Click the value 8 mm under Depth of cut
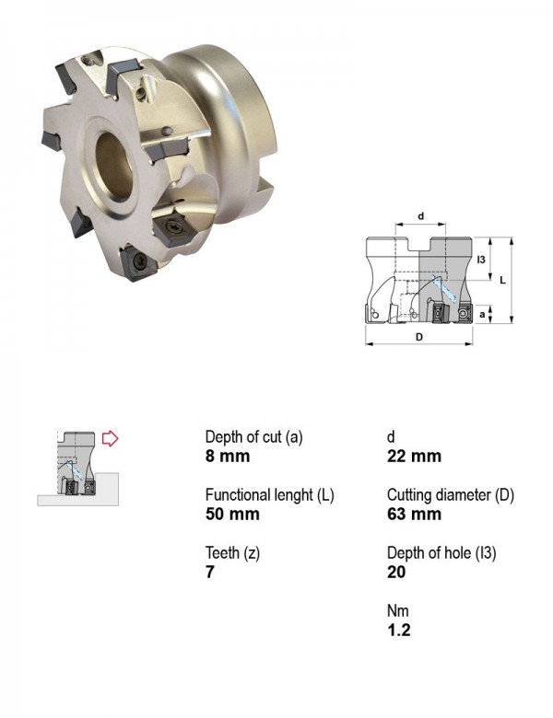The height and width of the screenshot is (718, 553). [x=228, y=456]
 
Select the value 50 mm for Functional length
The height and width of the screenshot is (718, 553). [x=232, y=514]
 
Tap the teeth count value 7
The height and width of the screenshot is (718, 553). [x=210, y=572]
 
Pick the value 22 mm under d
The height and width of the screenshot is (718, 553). [x=414, y=456]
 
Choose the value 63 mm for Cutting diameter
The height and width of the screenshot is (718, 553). [x=414, y=514]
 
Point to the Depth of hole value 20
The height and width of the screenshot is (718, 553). [x=396, y=572]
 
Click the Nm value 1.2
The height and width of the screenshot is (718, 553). [x=398, y=630]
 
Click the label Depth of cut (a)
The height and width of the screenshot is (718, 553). [x=254, y=437]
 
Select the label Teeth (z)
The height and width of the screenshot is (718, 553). [x=232, y=553]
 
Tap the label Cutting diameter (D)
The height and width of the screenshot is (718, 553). [x=451, y=495]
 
